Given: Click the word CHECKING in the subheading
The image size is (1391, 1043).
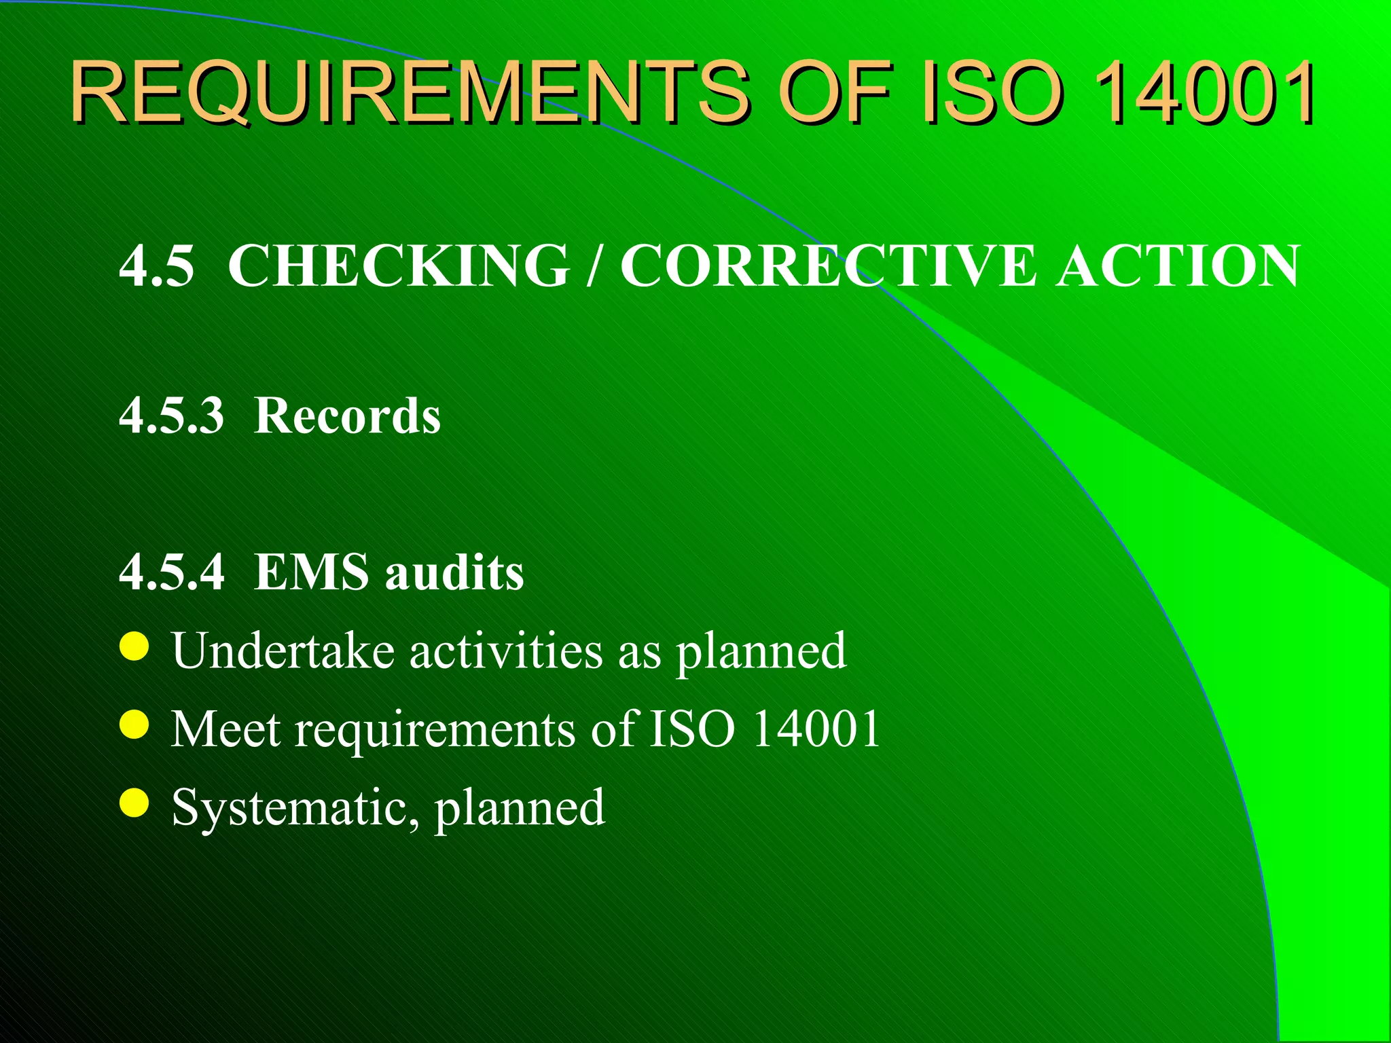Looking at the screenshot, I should pos(399,266).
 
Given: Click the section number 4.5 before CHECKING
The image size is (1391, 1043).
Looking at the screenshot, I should pos(157,266).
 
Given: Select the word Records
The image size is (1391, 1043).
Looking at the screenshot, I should pos(347,416).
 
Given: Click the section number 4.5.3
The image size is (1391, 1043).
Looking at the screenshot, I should pos(171,416).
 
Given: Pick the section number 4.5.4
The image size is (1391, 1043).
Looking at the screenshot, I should pos(171,572).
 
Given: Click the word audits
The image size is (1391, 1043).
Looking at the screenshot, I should pos(454,572).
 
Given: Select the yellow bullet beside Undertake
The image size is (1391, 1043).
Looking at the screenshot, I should pos(134,646).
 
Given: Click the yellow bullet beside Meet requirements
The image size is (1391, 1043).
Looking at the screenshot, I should pos(134,725).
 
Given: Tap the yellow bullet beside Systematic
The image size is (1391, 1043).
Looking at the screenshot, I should pos(134,803).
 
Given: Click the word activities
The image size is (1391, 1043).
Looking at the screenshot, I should pos(506,651).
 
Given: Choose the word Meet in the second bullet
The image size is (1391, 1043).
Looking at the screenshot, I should pos(225,729).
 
